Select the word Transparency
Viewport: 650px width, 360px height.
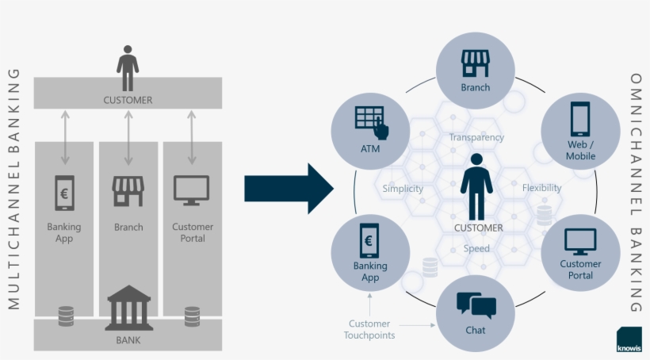pyautogui.click(x=476, y=137)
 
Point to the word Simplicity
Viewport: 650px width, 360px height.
pyautogui.click(x=403, y=189)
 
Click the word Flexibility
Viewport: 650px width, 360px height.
pyautogui.click(x=541, y=188)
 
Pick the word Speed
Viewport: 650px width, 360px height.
pyautogui.click(x=476, y=248)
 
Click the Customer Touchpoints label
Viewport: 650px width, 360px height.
pyautogui.click(x=369, y=329)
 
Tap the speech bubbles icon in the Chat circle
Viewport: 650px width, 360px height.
pyautogui.click(x=476, y=304)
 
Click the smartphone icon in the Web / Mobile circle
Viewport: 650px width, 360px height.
pyautogui.click(x=580, y=120)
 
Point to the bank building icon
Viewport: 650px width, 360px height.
pyautogui.click(x=128, y=308)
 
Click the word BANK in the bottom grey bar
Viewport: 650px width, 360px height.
pyautogui.click(x=128, y=340)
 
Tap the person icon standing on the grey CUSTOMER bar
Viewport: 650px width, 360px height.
pyautogui.click(x=128, y=67)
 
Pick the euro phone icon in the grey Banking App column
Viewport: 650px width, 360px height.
pyautogui.click(x=64, y=193)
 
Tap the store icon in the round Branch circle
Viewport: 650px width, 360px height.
pyautogui.click(x=476, y=63)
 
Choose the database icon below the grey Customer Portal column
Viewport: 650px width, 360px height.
pyautogui.click(x=192, y=316)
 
